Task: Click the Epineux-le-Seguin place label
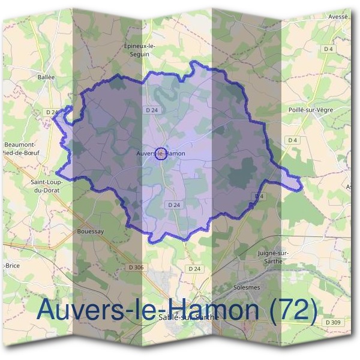click(x=139, y=50)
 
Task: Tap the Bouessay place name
click(x=91, y=230)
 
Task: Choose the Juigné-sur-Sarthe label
click(x=273, y=257)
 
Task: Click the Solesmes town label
click(x=246, y=287)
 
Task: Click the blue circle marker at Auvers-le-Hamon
click(x=160, y=154)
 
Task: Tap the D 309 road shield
click(x=332, y=322)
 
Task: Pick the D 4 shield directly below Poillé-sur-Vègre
click(x=293, y=140)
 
